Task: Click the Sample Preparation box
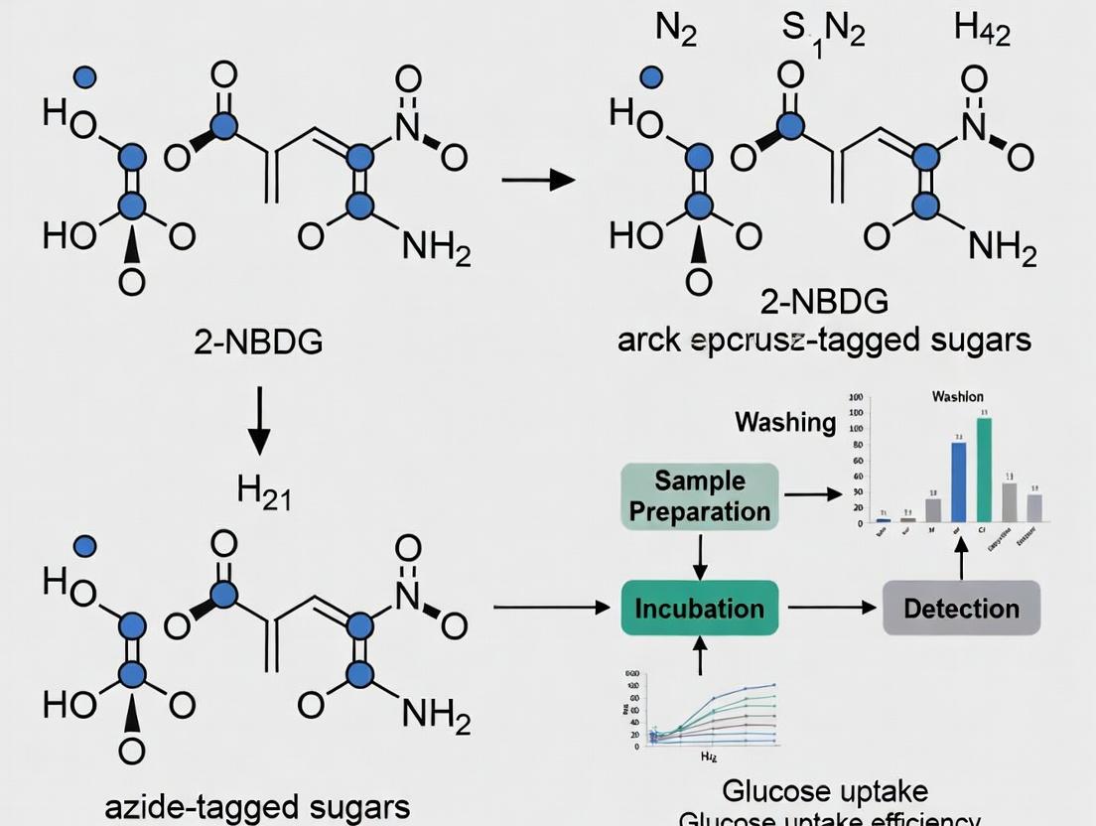click(700, 496)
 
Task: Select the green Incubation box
click(700, 608)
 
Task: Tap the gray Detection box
click(961, 608)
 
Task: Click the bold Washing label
click(785, 422)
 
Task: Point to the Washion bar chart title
click(958, 397)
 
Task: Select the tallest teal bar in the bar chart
click(984, 470)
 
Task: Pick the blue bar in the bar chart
click(958, 482)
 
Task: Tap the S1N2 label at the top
click(823, 33)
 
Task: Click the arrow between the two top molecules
click(539, 180)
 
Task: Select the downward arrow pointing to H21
click(258, 420)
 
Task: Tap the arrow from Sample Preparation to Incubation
click(700, 555)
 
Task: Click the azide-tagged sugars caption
click(258, 805)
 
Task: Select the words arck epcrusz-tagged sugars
click(823, 340)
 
